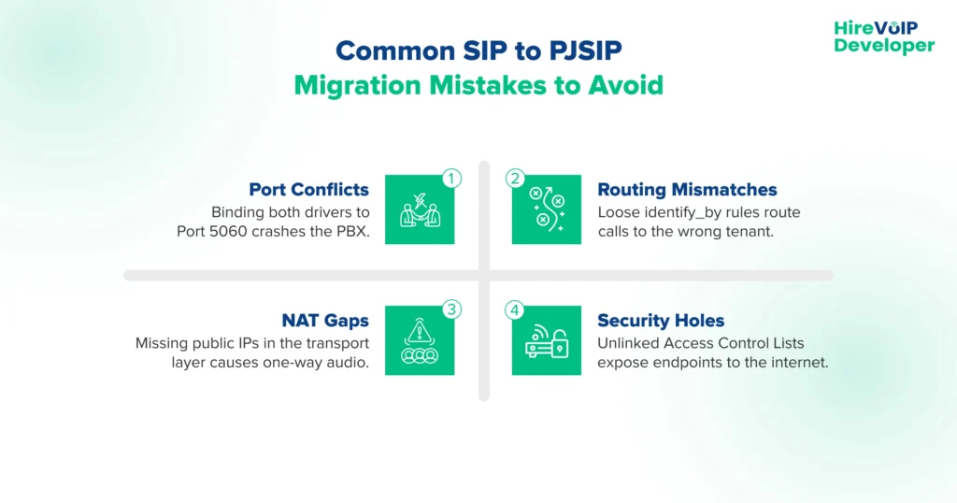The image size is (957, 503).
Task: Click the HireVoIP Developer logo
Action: tap(883, 37)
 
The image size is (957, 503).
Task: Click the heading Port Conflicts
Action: tap(309, 190)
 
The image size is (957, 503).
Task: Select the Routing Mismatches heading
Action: tap(687, 190)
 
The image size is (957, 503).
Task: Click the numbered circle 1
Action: tap(451, 178)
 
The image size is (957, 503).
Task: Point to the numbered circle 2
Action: tap(515, 178)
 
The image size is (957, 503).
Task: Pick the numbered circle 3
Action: tap(451, 309)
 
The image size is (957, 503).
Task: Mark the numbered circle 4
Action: tap(515, 309)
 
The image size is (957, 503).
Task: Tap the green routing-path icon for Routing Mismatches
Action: tap(547, 210)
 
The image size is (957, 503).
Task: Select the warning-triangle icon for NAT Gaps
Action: tap(420, 341)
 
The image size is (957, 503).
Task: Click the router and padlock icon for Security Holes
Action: tap(547, 341)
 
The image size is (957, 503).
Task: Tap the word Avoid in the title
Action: tap(625, 85)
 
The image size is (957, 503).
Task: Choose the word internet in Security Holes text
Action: tap(797, 362)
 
